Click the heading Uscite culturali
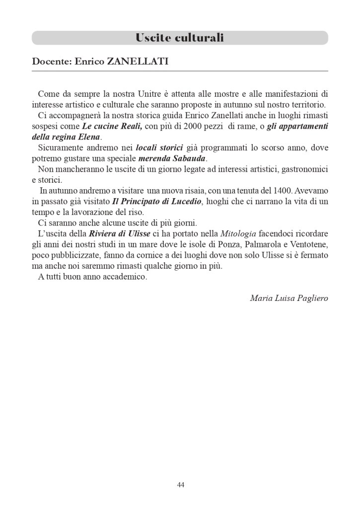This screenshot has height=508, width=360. click(x=180, y=38)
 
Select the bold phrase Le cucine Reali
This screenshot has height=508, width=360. click(x=112, y=126)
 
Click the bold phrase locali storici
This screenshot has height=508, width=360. click(x=159, y=147)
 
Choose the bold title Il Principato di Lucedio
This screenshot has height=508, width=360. click(x=157, y=202)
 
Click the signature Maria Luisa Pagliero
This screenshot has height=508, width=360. click(x=288, y=298)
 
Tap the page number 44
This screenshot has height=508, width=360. click(x=180, y=485)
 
